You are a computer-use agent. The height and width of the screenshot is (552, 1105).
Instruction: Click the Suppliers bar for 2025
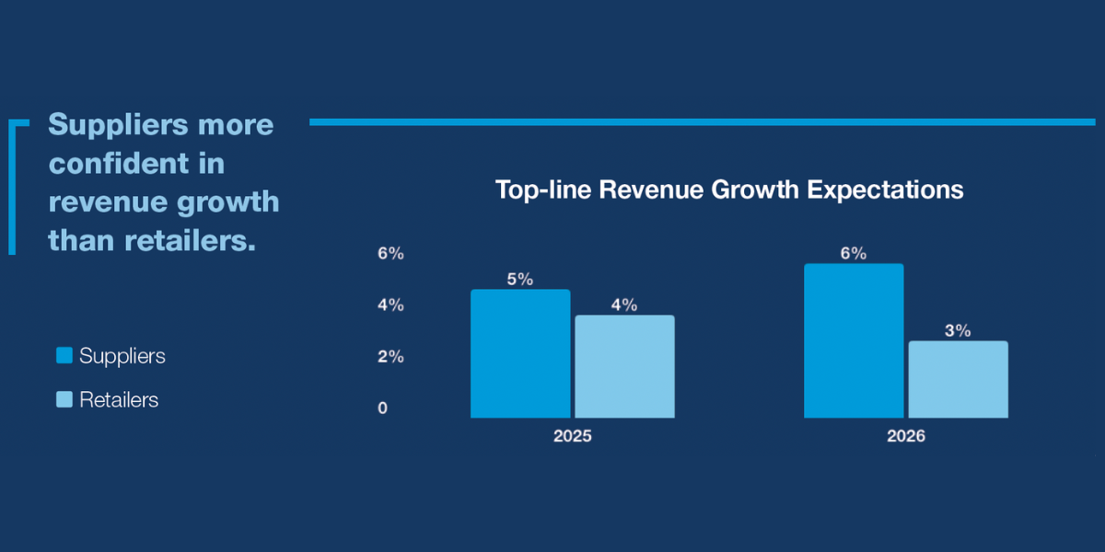(x=520, y=354)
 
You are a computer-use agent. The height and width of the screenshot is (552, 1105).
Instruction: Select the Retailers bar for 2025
(x=624, y=367)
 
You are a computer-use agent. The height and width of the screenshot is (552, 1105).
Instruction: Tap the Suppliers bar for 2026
(x=854, y=341)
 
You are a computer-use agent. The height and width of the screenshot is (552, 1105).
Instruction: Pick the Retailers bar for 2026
(x=958, y=380)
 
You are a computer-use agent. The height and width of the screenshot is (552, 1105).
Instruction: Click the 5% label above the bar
(x=520, y=279)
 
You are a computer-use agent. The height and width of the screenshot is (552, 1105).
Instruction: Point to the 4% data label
(x=624, y=305)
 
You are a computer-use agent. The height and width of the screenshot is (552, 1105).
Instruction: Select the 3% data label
(x=958, y=330)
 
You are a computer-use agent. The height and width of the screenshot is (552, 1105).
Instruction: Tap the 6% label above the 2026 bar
(x=854, y=253)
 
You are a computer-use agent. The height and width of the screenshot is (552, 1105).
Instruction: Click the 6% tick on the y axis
(x=390, y=253)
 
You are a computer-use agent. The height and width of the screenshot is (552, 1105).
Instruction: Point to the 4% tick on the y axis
(x=390, y=305)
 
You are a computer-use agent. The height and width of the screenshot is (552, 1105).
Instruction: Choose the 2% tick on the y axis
(x=390, y=356)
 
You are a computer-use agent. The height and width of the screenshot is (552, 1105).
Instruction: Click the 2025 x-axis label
(x=572, y=436)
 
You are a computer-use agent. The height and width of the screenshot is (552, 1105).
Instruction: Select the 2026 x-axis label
(x=906, y=436)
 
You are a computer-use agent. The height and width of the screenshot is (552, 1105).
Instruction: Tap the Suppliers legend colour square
(x=64, y=355)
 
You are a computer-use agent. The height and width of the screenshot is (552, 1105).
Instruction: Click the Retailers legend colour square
(x=64, y=399)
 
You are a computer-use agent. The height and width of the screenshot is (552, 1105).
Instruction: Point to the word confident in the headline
(x=136, y=163)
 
